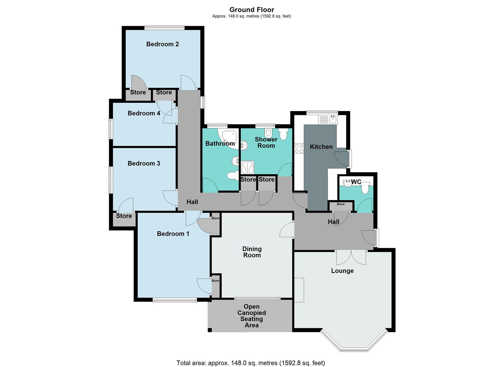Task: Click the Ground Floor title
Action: [251, 10]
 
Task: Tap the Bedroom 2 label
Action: [162, 44]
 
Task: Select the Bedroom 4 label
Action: [144, 113]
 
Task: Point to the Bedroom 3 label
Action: [144, 163]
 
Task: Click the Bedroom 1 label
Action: [173, 234]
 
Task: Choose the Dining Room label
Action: [252, 252]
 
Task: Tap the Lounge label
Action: [342, 271]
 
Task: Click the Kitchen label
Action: [321, 147]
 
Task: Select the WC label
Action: [356, 182]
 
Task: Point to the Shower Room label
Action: [266, 142]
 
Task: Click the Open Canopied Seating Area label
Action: [251, 316]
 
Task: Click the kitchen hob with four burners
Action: [299, 148]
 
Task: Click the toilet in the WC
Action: [365, 188]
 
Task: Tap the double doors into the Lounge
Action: [351, 257]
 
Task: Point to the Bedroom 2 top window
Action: [164, 28]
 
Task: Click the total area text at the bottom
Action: [250, 363]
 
